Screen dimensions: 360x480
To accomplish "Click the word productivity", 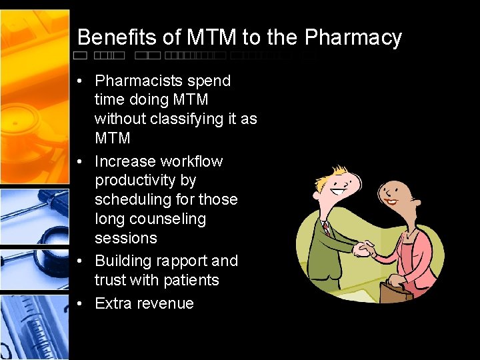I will pyautogui.click(x=145, y=181).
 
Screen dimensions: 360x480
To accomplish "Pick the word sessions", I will pyautogui.click(x=126, y=238).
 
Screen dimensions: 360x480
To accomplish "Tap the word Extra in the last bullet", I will pyautogui.click(x=113, y=304).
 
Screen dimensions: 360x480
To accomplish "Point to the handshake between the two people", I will pyautogui.click(x=364, y=249).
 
